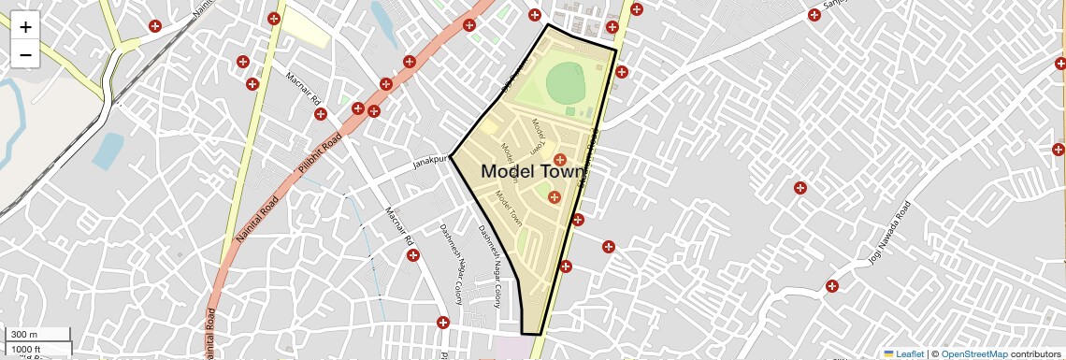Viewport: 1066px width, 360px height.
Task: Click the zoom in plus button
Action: tap(25, 27)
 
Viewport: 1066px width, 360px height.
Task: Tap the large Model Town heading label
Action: tap(532, 172)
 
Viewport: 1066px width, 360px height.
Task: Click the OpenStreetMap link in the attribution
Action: tap(973, 353)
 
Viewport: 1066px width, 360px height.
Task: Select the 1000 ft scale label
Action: tap(27, 349)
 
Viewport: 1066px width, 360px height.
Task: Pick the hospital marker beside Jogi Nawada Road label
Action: tap(831, 285)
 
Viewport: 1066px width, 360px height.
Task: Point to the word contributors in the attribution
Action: tap(1036, 353)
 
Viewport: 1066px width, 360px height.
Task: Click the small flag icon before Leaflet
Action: tap(888, 353)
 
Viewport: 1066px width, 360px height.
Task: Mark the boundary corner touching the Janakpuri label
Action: tap(452, 154)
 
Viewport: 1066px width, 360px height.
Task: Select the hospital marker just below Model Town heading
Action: tap(554, 196)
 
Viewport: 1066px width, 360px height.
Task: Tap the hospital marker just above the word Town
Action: tap(560, 160)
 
